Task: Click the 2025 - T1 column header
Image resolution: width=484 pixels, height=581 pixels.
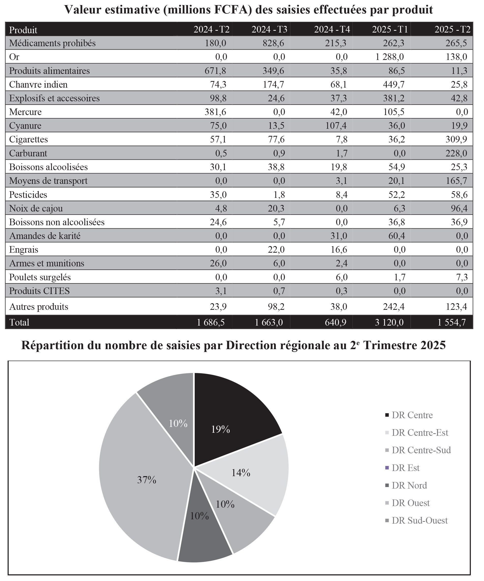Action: click(390, 29)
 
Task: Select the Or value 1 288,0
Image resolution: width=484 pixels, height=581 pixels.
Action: click(390, 57)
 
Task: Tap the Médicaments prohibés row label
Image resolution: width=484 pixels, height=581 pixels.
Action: click(52, 43)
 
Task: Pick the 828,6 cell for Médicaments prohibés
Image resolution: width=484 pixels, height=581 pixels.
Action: click(273, 43)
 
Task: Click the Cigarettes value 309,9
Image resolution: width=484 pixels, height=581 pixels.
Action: click(456, 139)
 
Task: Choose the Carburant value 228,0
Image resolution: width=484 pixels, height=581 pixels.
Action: click(456, 153)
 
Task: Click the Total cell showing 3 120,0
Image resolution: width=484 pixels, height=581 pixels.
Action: click(389, 322)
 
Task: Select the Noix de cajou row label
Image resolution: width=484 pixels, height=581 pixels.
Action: click(36, 208)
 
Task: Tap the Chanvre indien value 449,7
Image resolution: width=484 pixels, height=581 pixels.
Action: click(394, 84)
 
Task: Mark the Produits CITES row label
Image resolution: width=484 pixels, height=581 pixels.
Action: click(39, 291)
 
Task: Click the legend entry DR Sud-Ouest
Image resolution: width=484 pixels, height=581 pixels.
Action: click(419, 520)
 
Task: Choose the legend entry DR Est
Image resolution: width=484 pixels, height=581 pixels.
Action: click(405, 468)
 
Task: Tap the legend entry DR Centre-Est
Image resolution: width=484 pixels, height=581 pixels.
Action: click(419, 432)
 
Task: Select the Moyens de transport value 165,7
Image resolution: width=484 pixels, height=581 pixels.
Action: click(456, 181)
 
